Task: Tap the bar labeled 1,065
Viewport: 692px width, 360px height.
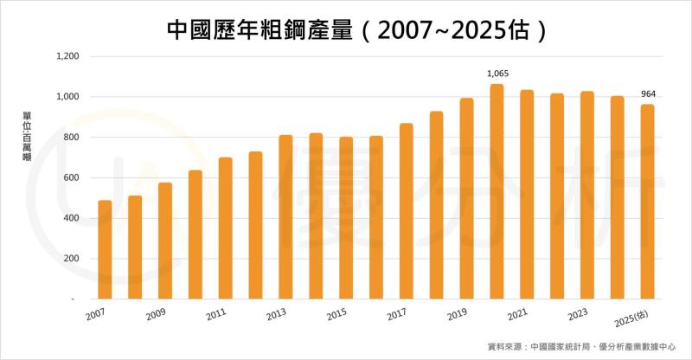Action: coord(497,191)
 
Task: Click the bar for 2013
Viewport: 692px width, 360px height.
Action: coord(285,217)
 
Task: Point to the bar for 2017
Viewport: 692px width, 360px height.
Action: coord(406,211)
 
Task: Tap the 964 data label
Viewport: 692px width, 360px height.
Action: coord(647,94)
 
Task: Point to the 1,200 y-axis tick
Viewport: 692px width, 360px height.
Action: coord(67,57)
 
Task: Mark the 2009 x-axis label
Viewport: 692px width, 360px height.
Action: coord(156,315)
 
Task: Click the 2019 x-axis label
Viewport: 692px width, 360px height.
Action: coord(458,315)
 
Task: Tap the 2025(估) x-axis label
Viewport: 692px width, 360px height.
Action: coord(639,317)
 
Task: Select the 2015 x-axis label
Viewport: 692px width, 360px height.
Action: coord(336,315)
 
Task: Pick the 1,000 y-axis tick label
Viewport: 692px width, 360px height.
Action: coord(67,97)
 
